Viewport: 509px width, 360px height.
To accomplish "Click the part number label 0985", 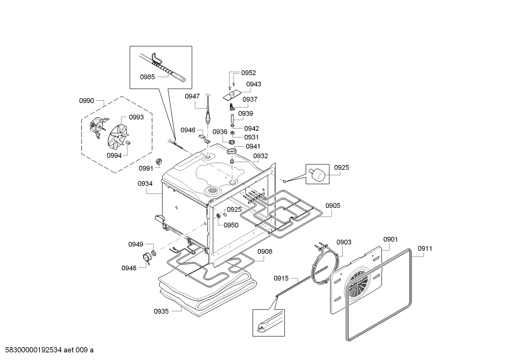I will click(x=147, y=77).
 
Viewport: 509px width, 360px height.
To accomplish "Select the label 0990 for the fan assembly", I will click(x=86, y=101).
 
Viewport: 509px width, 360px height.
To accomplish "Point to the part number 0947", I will click(x=192, y=96).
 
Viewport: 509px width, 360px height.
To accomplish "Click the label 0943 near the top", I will click(x=253, y=84).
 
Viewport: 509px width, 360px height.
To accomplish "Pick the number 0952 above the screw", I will click(x=248, y=73).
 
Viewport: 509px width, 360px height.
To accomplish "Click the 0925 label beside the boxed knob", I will click(x=341, y=167).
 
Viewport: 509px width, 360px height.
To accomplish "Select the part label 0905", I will click(x=333, y=205).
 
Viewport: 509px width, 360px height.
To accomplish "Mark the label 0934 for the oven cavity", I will click(x=145, y=184).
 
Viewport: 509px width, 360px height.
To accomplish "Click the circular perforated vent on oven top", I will click(x=213, y=190).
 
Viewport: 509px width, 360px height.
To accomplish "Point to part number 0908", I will click(x=265, y=252).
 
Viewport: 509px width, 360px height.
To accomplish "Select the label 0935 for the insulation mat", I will click(x=161, y=311).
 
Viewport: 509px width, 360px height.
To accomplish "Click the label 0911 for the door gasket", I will click(x=425, y=248).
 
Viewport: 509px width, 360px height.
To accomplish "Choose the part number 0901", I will click(x=390, y=240).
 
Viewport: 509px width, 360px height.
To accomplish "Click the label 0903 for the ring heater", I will click(x=344, y=242).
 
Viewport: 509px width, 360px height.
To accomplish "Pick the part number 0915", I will click(x=281, y=278).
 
